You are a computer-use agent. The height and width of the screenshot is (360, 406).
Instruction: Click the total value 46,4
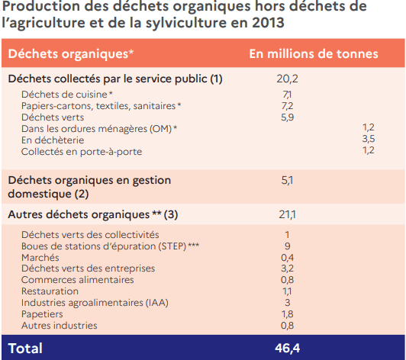(x=288, y=348)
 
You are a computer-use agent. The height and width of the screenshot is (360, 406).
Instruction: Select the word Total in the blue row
(x=25, y=349)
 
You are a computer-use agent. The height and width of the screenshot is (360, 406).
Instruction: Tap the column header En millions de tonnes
(x=314, y=54)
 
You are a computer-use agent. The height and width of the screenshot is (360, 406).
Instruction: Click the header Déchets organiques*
(x=71, y=54)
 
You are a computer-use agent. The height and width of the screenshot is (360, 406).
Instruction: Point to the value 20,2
(x=287, y=79)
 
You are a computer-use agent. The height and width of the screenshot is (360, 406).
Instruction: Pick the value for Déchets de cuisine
(x=287, y=95)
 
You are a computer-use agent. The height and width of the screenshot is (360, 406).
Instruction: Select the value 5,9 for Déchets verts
(x=288, y=117)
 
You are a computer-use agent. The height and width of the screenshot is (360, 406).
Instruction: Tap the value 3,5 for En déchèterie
(x=369, y=139)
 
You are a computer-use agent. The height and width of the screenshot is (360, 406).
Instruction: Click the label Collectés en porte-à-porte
(x=82, y=152)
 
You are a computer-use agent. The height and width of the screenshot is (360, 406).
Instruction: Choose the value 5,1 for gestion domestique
(x=287, y=181)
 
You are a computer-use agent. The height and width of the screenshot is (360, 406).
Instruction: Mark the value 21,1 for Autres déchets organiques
(x=287, y=214)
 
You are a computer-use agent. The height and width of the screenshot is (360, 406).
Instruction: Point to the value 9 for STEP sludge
(x=288, y=246)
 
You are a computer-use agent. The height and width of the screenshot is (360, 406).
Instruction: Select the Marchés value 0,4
(x=288, y=258)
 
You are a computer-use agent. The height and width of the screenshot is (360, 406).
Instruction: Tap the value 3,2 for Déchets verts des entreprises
(x=288, y=268)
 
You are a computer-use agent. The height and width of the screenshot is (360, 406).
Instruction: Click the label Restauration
(x=50, y=291)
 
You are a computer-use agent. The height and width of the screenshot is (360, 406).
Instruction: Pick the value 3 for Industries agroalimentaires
(x=288, y=303)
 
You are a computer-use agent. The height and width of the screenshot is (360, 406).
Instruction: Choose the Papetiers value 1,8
(x=288, y=314)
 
